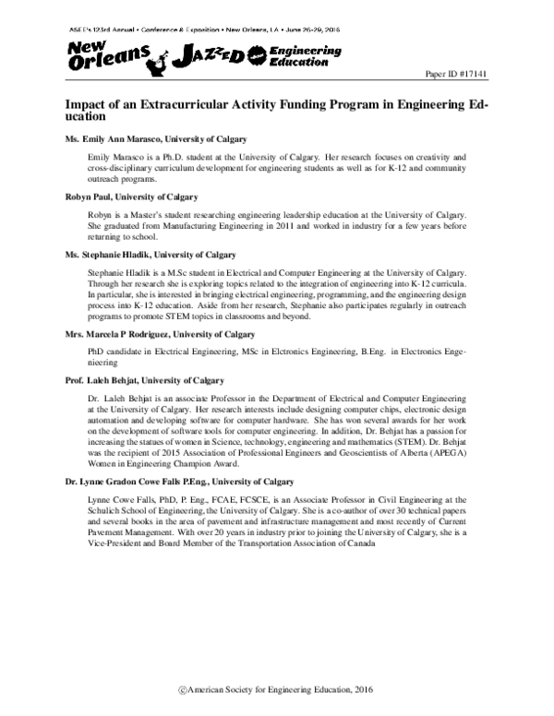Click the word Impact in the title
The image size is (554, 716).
tap(88, 105)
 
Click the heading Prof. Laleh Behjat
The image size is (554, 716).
tap(144, 380)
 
